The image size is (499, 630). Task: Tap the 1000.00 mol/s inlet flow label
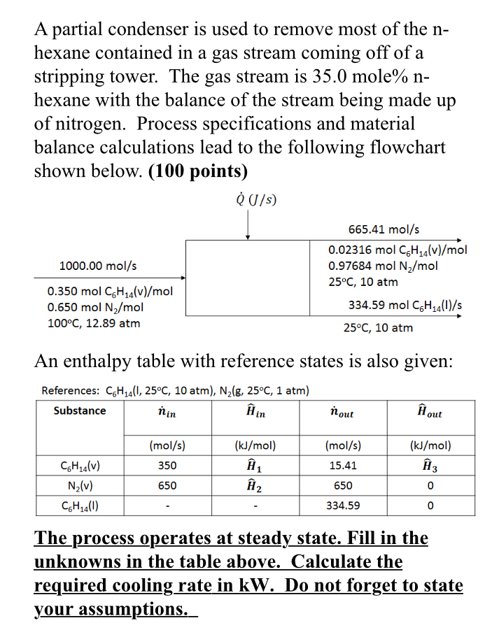(98, 266)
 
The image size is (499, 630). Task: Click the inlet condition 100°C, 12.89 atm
(93, 323)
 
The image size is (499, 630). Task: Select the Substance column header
(80, 410)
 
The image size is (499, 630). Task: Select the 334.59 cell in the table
(343, 506)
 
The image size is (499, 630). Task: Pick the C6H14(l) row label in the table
(80, 506)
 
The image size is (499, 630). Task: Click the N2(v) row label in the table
(80, 485)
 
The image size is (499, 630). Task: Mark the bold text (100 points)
(199, 171)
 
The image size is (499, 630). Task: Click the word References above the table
(71, 390)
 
